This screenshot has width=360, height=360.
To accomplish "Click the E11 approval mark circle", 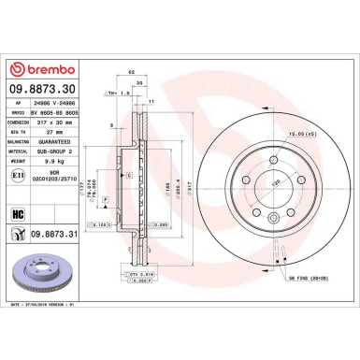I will pos(18,175).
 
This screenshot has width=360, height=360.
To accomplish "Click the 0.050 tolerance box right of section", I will pos(162,225).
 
